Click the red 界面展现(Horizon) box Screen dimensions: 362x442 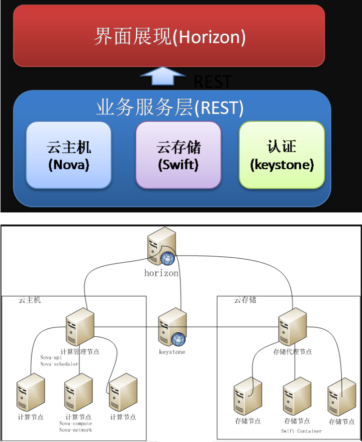tap(169, 36)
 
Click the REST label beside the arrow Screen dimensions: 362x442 tap(213, 82)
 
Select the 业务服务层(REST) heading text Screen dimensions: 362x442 tap(169, 108)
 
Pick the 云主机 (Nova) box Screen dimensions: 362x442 tap(68, 155)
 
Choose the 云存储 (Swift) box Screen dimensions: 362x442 tap(178, 155)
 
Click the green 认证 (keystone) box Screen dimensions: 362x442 tap(282, 155)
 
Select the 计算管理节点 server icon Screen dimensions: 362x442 tap(79, 328)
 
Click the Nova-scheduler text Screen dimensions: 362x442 tap(59, 364)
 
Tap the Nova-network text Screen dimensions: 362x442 tap(75, 430)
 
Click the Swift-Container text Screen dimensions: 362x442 tap(301, 431)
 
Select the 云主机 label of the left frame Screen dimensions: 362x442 tap(30, 300)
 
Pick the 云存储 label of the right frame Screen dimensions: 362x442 tap(245, 300)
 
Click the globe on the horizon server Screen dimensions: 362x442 tap(168, 258)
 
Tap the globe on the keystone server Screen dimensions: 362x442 tap(178, 339)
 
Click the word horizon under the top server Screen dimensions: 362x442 tap(161, 273)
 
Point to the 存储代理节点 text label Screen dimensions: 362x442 tap(292, 352)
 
